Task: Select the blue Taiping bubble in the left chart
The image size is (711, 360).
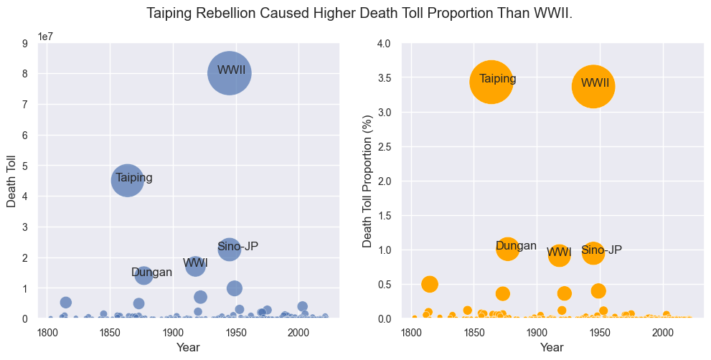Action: [x=128, y=180]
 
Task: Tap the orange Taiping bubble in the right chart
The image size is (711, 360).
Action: [x=491, y=82]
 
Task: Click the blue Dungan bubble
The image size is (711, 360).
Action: [x=143, y=275]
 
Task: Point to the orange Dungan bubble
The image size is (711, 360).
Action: [x=507, y=249]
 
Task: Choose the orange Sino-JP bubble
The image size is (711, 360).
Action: [x=593, y=252]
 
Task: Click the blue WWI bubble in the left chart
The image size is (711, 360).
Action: [x=196, y=266]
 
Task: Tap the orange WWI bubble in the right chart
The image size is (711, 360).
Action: [x=560, y=255]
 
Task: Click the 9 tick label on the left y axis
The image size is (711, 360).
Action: [x=26, y=44]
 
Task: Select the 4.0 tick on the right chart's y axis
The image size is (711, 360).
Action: [x=383, y=44]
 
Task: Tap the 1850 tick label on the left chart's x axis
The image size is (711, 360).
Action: [x=110, y=333]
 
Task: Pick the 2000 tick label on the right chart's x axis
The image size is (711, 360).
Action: [x=662, y=333]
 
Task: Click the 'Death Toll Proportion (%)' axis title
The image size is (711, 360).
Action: [x=367, y=181]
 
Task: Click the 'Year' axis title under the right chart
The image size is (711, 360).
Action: [x=552, y=348]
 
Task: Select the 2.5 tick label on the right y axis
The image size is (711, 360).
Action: [x=383, y=147]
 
